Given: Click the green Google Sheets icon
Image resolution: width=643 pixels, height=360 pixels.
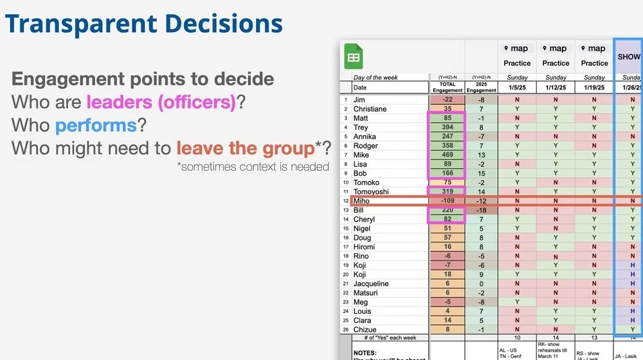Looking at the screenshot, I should [352, 57].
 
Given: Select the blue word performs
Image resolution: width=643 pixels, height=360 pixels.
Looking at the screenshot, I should [96, 125].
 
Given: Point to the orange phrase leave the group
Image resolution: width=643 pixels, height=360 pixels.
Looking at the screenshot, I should [245, 148].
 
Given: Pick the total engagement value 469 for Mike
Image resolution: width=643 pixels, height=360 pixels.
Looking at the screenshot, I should [448, 155].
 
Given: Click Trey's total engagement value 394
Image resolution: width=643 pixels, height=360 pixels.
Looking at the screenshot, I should [448, 127].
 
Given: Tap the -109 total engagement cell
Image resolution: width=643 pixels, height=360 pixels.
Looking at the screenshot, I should [448, 201].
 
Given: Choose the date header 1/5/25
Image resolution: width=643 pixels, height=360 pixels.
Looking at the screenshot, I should [517, 87].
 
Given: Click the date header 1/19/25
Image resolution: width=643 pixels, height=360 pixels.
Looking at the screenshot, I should [594, 87].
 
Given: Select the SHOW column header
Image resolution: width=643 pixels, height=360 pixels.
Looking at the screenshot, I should [629, 57].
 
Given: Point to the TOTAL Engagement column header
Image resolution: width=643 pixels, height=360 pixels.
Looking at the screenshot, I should [448, 87].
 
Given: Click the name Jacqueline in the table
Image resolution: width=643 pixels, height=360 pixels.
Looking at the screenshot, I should [371, 283].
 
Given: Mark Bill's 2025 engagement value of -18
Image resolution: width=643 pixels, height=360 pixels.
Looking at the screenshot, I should [482, 210].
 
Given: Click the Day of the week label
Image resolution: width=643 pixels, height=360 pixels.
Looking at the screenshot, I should [376, 78].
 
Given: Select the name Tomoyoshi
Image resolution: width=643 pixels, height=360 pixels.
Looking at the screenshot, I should [372, 192].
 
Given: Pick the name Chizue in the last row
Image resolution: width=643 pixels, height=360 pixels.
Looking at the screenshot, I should [366, 330].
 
